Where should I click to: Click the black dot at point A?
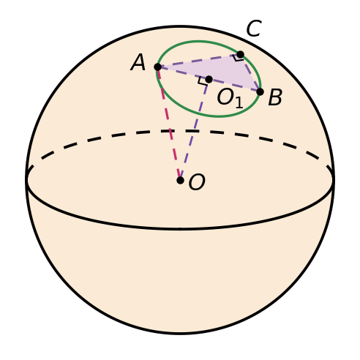point(158,67)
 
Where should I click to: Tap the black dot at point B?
point(260,92)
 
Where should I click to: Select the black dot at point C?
point(240,54)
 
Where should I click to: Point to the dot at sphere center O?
point(180,180)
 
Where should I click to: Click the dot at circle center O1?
point(209,79)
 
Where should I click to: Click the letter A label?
point(138,62)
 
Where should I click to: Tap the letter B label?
point(275,97)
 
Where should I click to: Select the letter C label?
point(254,29)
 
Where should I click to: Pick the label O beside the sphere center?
point(197,182)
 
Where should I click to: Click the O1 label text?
point(230,98)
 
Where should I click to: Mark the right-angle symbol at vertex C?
point(238,58)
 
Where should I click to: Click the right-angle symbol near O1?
point(203,81)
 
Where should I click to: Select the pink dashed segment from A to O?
point(169,124)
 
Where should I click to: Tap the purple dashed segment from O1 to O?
point(195,130)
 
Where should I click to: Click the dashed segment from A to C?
point(199,61)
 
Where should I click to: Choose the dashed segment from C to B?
point(250,73)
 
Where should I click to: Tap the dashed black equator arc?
point(180,131)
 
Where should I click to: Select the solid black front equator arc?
point(180,229)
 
